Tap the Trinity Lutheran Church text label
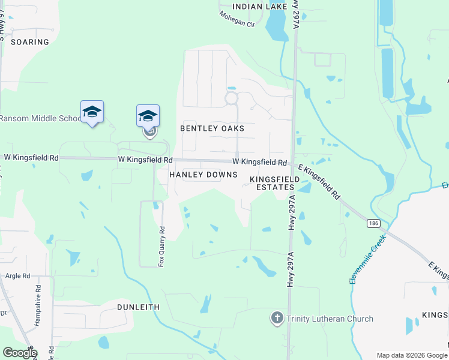(330, 319)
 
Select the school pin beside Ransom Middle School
(92, 112)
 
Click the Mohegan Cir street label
(237, 25)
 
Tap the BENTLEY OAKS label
(212, 128)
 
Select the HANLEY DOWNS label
(203, 175)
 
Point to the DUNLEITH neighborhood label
(138, 307)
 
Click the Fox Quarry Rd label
(161, 246)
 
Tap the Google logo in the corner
(20, 353)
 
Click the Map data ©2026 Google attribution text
(412, 355)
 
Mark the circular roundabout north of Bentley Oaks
(231, 98)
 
